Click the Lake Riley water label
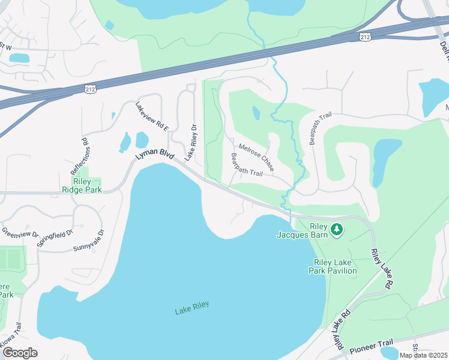click(x=192, y=310)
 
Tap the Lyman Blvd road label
click(x=154, y=155)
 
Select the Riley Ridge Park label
click(x=82, y=185)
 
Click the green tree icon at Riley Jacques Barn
click(x=337, y=229)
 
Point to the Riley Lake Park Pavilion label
click(x=336, y=267)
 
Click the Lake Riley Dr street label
click(x=191, y=143)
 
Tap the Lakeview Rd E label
click(x=152, y=116)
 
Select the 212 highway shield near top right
click(x=366, y=37)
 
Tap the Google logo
click(x=20, y=353)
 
